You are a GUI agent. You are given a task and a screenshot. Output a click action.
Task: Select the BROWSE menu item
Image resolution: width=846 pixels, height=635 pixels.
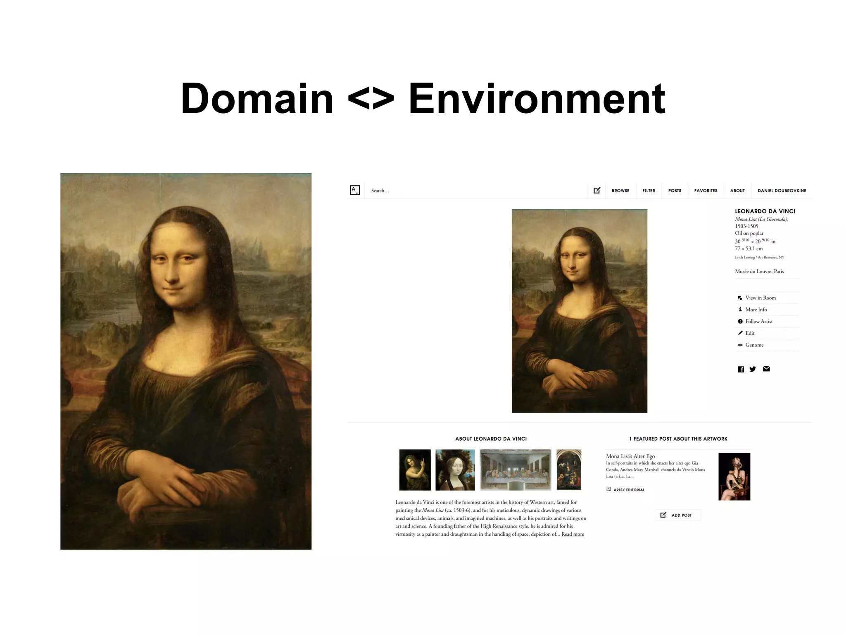point(620,191)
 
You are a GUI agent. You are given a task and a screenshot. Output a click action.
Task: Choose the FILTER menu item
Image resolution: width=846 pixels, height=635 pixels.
point(649,191)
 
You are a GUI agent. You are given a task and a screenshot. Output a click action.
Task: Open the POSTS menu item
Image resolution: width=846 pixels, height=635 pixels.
point(675,191)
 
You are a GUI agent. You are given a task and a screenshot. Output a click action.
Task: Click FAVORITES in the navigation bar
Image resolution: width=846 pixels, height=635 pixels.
point(706,191)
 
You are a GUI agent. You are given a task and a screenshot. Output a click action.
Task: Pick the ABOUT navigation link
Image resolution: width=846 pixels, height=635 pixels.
point(737,191)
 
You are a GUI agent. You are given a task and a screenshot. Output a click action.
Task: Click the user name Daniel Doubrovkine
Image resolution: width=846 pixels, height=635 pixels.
point(782,191)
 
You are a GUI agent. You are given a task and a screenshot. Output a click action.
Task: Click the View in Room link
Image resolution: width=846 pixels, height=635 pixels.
point(760,298)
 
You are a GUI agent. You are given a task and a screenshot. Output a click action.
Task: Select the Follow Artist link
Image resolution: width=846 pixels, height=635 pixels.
point(758,321)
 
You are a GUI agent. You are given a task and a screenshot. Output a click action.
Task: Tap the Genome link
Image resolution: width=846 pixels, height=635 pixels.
point(754,345)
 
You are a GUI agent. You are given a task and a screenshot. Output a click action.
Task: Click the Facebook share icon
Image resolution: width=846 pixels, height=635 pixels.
point(741,369)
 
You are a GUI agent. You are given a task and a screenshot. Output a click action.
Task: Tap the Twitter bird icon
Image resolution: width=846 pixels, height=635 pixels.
point(753,369)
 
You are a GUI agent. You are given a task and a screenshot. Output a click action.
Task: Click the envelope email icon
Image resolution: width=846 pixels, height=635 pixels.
point(766,369)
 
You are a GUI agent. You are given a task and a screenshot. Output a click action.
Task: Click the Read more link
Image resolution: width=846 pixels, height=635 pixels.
point(573,534)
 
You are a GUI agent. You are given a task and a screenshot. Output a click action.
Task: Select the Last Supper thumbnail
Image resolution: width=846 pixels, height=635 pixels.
point(515,470)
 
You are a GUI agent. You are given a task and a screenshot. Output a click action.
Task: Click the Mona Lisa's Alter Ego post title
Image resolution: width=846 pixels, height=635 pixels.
point(630,456)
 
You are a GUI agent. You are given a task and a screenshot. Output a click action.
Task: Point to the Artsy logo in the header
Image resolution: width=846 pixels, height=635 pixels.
point(355,190)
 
